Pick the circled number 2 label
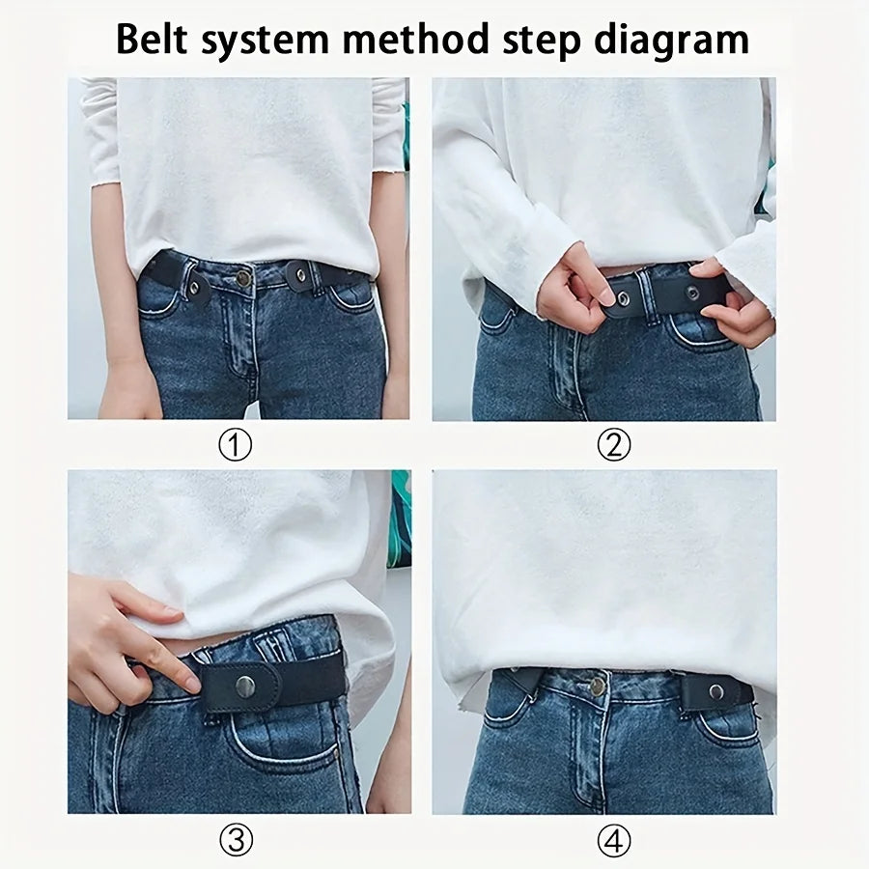pos(613,445)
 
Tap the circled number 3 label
pos(237,841)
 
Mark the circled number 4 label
pos(613,841)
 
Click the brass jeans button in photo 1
pos(243,278)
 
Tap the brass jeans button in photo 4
pos(598,687)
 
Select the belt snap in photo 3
pos(245,687)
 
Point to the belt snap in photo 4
pos(715,691)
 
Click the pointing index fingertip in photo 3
pos(193,684)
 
